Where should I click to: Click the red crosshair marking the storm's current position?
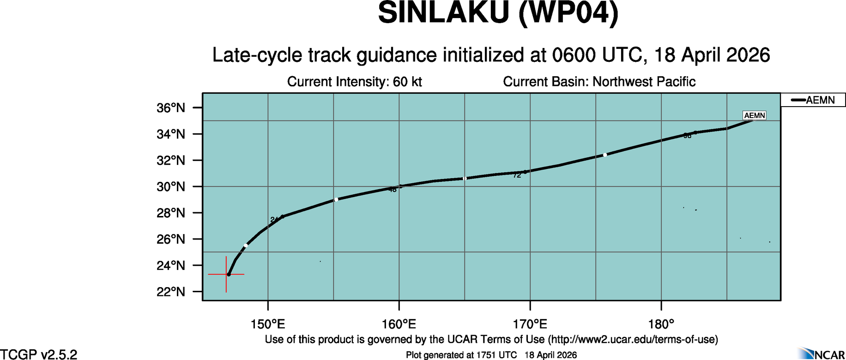[226, 275]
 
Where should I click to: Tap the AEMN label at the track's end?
[755, 115]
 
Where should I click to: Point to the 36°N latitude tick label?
[171, 108]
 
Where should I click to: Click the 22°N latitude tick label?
[171, 292]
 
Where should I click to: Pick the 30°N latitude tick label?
[171, 187]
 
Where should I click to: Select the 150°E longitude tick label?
[268, 324]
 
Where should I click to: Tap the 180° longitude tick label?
[661, 324]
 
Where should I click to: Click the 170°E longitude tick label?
[530, 324]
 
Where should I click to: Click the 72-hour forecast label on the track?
[517, 175]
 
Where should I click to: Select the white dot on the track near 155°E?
[336, 199]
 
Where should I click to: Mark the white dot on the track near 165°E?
[465, 178]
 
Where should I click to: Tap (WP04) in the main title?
[568, 13]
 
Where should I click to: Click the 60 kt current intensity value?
[407, 82]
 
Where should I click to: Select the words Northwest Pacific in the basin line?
[644, 82]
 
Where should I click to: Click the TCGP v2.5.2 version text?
[39, 354]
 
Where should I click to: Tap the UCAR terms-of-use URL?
[633, 340]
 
